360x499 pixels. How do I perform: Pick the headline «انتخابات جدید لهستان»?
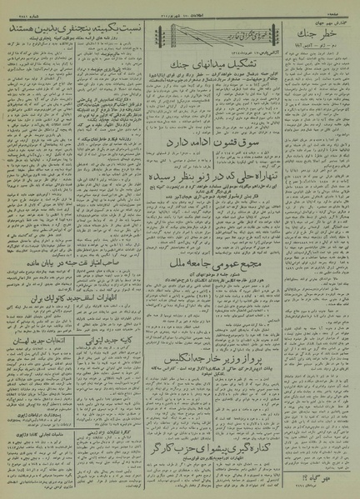pyautogui.click(x=42, y=354)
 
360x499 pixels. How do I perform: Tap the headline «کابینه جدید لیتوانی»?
pyautogui.click(x=122, y=367)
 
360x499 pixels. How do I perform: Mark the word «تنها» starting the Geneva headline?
pyautogui.click(x=267, y=202)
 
